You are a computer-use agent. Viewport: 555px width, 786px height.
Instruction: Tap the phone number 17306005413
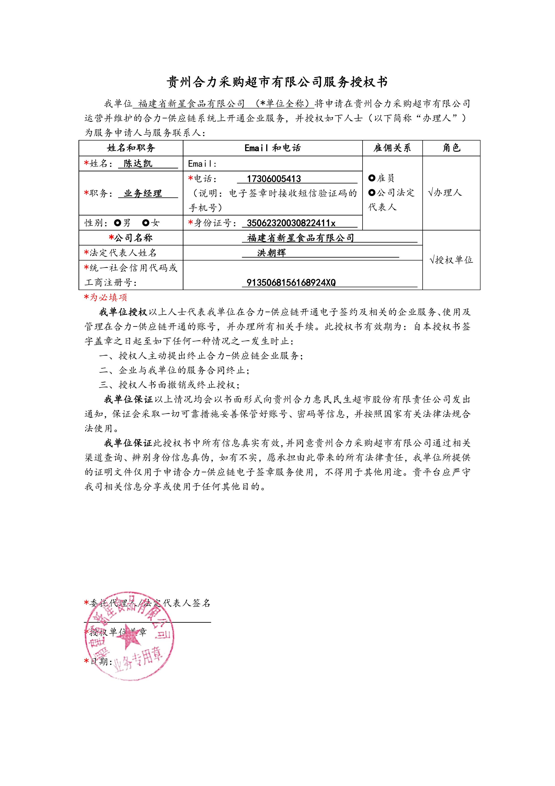click(274, 179)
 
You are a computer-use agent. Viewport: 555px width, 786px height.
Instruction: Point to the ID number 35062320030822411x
click(291, 223)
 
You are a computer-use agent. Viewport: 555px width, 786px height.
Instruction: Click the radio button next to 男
click(118, 223)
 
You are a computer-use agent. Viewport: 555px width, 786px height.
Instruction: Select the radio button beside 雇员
click(372, 178)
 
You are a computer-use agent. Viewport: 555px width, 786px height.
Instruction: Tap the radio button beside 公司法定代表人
click(372, 193)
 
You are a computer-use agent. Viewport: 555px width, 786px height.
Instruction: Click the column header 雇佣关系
click(392, 148)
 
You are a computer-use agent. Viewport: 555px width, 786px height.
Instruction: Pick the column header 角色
click(451, 148)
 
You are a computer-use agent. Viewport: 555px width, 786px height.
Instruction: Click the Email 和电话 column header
click(272, 148)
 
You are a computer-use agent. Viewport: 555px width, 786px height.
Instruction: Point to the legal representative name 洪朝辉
click(272, 253)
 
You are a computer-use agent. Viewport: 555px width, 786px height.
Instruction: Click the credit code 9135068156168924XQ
click(291, 282)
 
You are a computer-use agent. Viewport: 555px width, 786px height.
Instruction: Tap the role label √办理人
click(445, 193)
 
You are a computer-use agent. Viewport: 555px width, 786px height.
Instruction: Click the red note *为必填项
click(105, 297)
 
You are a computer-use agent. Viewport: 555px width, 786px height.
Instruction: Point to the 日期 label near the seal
click(101, 661)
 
